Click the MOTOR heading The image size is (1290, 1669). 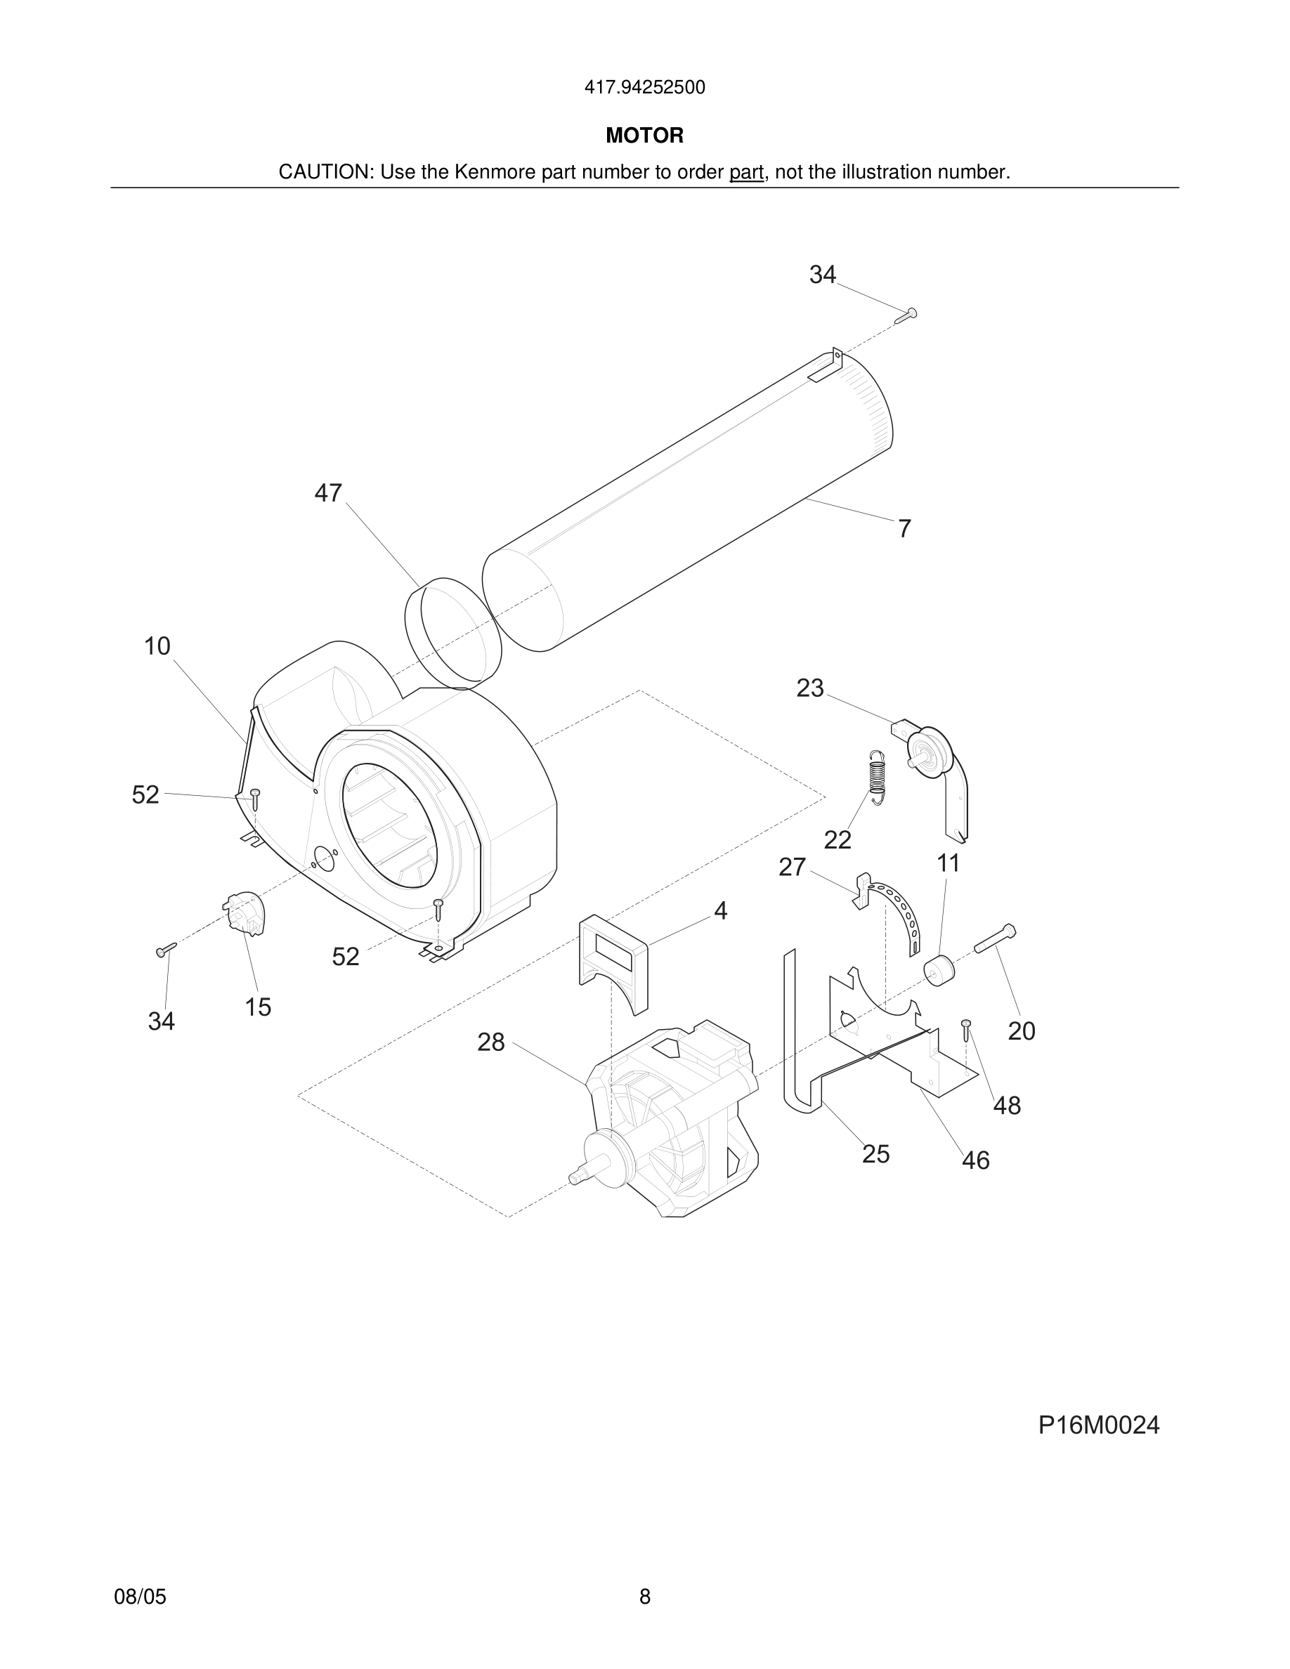[644, 136]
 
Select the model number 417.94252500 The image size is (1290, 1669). [644, 88]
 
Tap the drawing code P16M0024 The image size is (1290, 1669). [1098, 1425]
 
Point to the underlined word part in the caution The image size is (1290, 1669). [746, 173]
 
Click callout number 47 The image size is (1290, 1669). [328, 494]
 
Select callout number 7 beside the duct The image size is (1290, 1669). [904, 529]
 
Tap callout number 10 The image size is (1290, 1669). [157, 646]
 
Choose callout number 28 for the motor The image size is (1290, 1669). [490, 1042]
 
